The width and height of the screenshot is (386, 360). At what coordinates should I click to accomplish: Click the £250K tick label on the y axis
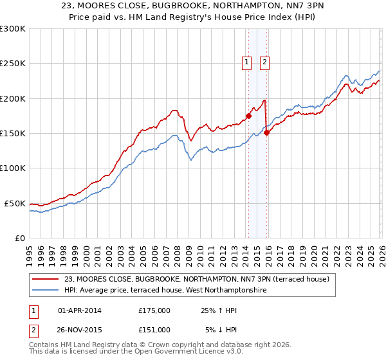(13, 64)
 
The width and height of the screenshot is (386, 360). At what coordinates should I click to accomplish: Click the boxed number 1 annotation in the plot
(247, 62)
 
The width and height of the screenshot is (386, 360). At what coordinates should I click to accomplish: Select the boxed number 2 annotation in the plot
(264, 62)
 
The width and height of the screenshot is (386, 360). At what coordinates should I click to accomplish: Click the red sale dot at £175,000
(248, 116)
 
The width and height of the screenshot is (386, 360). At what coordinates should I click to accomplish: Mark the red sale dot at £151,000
(266, 133)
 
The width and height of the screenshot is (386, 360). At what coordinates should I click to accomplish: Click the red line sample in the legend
(46, 279)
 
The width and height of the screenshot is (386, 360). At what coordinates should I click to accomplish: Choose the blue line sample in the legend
(46, 290)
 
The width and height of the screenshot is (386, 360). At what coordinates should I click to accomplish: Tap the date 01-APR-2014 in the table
(80, 310)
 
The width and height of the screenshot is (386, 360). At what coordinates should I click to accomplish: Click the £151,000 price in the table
(154, 329)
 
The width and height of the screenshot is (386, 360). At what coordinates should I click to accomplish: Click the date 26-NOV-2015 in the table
(80, 329)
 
